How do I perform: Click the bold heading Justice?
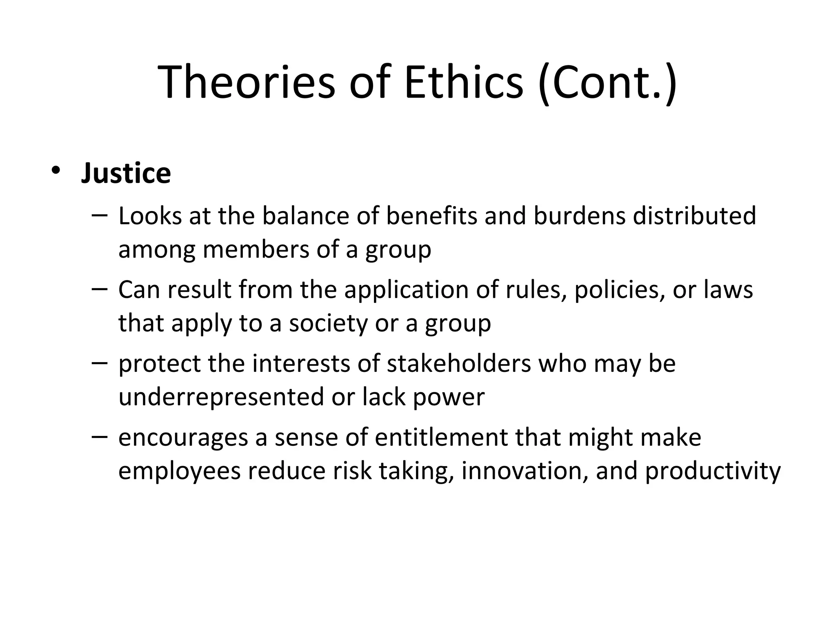point(126,173)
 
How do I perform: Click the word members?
point(256,249)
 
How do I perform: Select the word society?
point(328,323)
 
